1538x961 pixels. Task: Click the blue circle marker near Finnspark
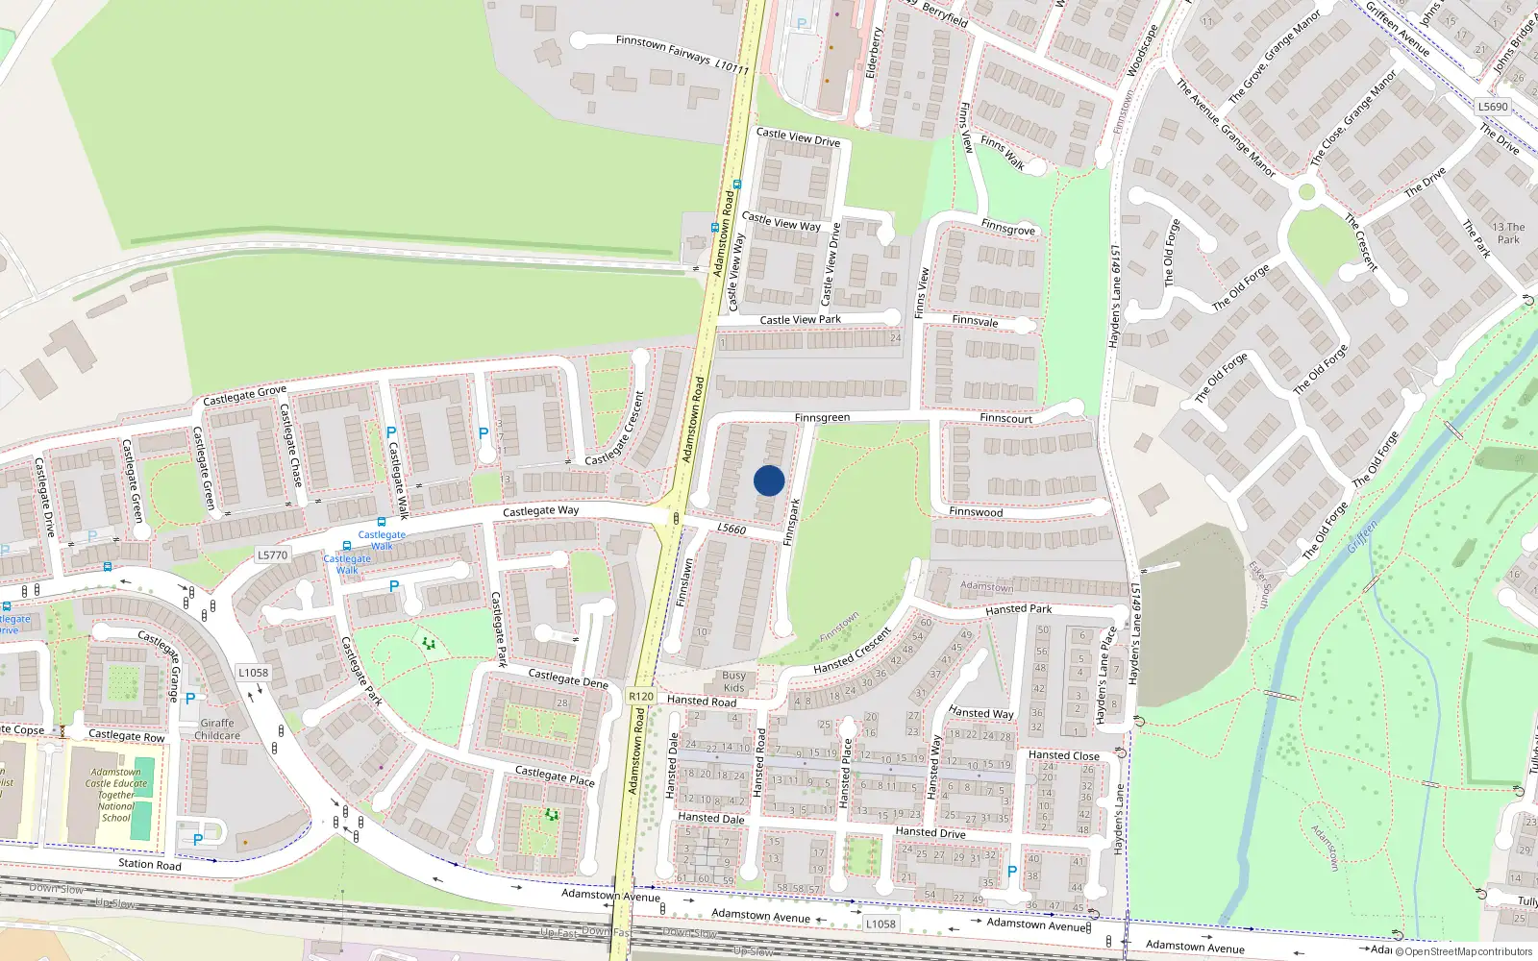[769, 480]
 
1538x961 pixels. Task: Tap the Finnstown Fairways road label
[663, 49]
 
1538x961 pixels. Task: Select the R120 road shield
[641, 697]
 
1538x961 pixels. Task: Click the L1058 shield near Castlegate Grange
[254, 673]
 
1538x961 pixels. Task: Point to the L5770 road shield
[273, 554]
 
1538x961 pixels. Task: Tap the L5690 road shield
[1493, 107]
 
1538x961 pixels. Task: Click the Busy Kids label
[733, 681]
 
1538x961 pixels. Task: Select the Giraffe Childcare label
[217, 729]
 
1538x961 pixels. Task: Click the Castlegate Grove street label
[244, 395]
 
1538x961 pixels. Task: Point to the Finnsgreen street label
[822, 418]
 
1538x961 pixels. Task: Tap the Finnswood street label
[976, 512]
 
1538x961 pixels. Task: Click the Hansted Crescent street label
[853, 651]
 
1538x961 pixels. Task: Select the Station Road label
[149, 864]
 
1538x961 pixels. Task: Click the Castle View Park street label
[800, 320]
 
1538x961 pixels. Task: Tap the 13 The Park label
[1508, 234]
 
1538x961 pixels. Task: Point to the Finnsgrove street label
[1008, 228]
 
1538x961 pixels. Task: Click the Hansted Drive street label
[930, 832]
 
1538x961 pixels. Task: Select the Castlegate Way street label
[541, 511]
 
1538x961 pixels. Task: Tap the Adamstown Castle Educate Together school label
[116, 795]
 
